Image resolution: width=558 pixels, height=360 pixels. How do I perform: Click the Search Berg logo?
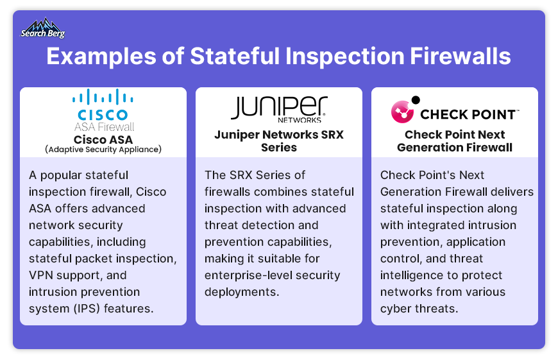(43, 28)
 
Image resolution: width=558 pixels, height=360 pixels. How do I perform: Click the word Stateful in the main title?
(235, 56)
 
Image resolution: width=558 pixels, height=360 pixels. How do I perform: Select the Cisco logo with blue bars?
(103, 105)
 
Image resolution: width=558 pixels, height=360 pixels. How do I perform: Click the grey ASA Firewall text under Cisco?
(105, 127)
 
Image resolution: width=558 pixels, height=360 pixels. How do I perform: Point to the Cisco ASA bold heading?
(103, 139)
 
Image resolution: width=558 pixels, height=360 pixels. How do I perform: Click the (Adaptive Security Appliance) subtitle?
(103, 150)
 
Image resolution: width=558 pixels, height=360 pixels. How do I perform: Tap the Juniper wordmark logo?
(279, 107)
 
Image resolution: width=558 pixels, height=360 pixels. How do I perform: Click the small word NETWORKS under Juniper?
(300, 120)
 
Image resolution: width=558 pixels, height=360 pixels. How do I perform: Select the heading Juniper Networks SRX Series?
(279, 141)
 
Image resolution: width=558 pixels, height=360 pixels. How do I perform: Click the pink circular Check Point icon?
(403, 112)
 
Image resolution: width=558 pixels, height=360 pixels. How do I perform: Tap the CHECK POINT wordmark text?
(468, 115)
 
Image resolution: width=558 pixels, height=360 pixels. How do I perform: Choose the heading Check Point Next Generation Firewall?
(455, 141)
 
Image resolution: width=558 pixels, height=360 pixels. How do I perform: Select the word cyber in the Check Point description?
(396, 309)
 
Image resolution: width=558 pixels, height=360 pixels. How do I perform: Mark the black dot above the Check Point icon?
(416, 99)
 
